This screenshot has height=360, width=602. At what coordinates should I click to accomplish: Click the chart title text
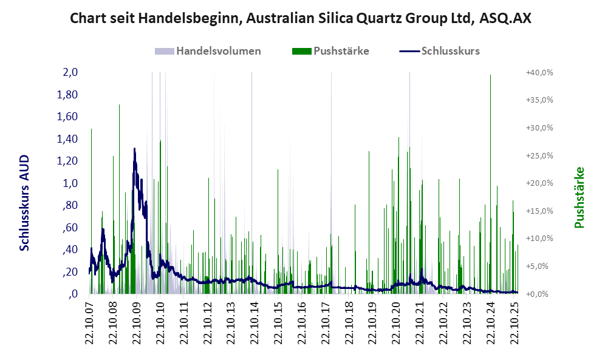[x=301, y=18]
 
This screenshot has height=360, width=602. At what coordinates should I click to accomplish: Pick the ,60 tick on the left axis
[x=70, y=228]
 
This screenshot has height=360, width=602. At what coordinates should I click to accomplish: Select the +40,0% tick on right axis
[x=539, y=73]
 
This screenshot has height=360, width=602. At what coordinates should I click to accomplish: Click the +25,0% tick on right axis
[x=539, y=156]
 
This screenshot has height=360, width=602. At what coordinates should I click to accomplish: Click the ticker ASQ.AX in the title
[x=505, y=18]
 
